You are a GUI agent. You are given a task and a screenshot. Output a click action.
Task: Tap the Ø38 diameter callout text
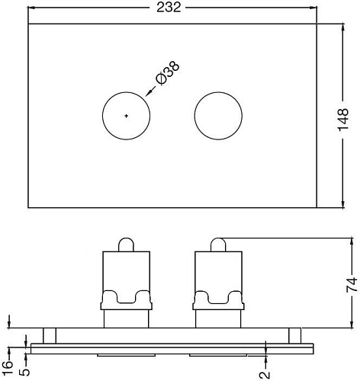[167, 73]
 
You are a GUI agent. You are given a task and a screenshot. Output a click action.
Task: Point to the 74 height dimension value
[352, 286]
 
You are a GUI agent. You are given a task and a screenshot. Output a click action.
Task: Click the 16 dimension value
[8, 356]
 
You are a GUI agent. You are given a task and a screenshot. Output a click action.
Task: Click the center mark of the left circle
[127, 115]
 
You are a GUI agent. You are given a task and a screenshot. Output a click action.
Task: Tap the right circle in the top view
[218, 115]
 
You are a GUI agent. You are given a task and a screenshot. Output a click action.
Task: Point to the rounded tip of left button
[127, 244]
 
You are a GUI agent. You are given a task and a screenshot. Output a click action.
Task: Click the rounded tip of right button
[218, 244]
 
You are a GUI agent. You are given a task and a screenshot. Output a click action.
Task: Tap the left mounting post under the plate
[50, 335]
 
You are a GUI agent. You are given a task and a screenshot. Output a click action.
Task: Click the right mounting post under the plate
[294, 335]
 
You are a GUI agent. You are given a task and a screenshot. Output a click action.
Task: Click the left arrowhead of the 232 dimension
[32, 8]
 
